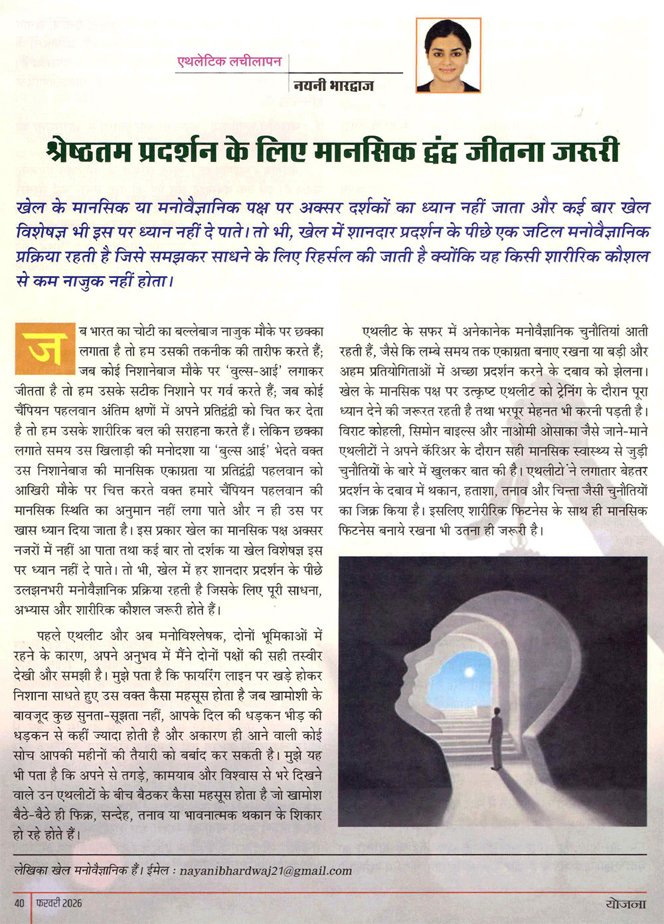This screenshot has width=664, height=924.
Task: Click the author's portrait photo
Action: pos(448,55)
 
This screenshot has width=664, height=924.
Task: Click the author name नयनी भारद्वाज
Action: pos(333,85)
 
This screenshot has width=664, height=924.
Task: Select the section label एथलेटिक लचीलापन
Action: pos(229,62)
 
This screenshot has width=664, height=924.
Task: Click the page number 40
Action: pos(20,903)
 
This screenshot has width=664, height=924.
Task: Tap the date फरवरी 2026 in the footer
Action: pos(60,903)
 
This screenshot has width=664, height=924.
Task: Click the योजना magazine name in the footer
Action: pos(625,903)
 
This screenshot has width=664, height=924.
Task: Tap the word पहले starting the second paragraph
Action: pos(50,636)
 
